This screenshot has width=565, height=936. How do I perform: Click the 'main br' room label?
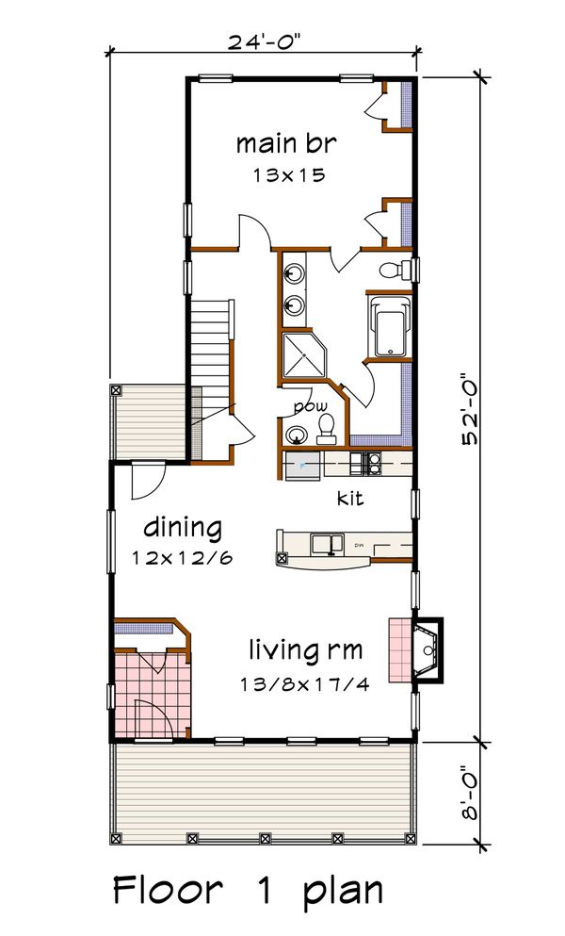(286, 144)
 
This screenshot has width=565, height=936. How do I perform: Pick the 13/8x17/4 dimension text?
(307, 682)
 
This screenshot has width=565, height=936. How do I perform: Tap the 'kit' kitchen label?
(351, 497)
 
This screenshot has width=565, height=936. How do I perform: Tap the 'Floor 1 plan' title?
(249, 890)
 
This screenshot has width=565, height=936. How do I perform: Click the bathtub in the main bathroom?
(387, 328)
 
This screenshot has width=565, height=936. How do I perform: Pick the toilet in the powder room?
(328, 431)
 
